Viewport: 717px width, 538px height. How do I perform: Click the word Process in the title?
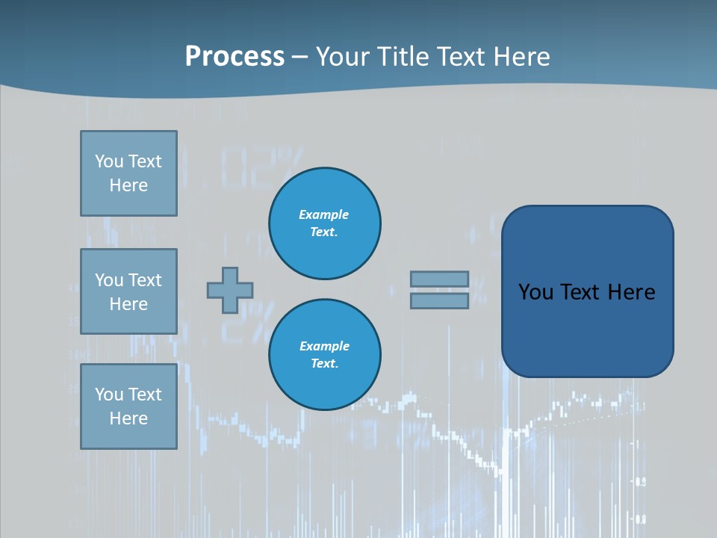[235, 57]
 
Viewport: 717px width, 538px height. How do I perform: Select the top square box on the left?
[128, 173]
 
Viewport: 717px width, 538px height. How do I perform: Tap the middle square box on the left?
[128, 291]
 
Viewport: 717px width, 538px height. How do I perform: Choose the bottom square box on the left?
[128, 406]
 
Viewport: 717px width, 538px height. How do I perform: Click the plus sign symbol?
[230, 290]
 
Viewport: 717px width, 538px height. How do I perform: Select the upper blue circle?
[325, 223]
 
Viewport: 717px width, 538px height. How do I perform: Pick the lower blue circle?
[325, 355]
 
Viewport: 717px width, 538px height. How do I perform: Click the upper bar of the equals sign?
[439, 279]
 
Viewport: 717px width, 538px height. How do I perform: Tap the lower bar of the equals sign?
[439, 300]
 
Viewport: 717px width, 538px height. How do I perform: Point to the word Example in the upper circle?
[324, 214]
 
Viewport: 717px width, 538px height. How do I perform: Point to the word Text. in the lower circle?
[324, 364]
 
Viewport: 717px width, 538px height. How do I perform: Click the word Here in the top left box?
[128, 185]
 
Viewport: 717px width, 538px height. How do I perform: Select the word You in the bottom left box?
[109, 395]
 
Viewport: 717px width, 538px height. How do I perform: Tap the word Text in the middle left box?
[145, 280]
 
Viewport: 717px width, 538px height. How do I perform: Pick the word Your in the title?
[343, 57]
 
